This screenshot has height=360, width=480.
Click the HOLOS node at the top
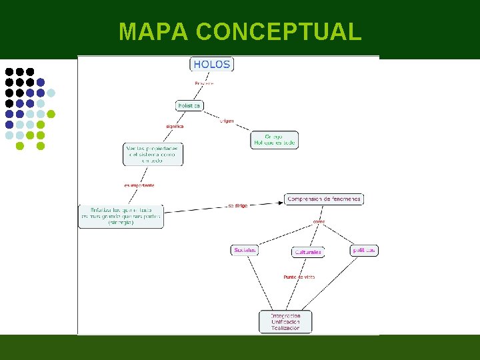click(x=212, y=65)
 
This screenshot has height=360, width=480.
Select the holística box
click(x=189, y=105)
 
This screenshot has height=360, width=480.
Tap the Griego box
click(x=275, y=140)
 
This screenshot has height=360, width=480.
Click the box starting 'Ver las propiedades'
click(x=153, y=154)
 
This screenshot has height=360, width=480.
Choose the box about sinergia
click(x=121, y=216)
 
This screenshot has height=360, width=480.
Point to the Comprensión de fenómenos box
click(x=324, y=199)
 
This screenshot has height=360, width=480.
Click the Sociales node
click(x=245, y=250)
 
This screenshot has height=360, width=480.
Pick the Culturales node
click(x=308, y=252)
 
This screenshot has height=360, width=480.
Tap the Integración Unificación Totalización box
click(x=285, y=321)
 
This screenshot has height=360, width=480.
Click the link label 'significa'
click(x=175, y=126)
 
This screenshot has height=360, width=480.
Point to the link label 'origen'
click(x=227, y=121)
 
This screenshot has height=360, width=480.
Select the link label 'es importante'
click(x=139, y=185)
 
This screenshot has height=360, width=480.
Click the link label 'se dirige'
click(x=237, y=206)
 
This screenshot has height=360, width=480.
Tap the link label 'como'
click(x=319, y=221)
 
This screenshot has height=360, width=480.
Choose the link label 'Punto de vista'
click(x=299, y=277)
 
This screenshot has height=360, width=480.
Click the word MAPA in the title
click(x=153, y=31)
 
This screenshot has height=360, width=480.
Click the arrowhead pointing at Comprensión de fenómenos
click(x=281, y=201)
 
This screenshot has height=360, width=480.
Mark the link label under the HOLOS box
click(x=204, y=83)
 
